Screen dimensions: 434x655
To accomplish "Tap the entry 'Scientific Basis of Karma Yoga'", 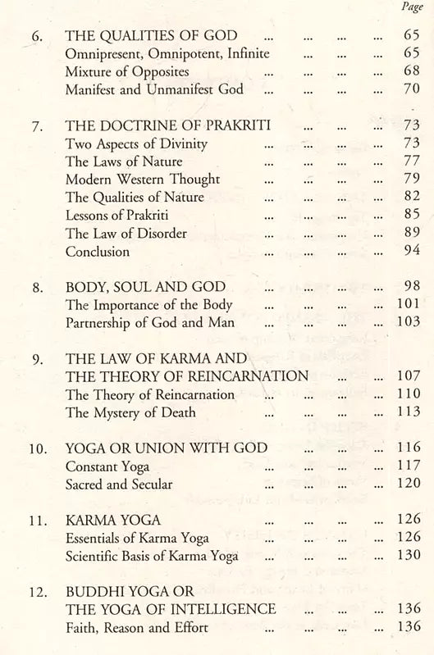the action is click(x=152, y=557).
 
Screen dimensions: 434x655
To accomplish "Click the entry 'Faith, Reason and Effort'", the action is click(x=135, y=629).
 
